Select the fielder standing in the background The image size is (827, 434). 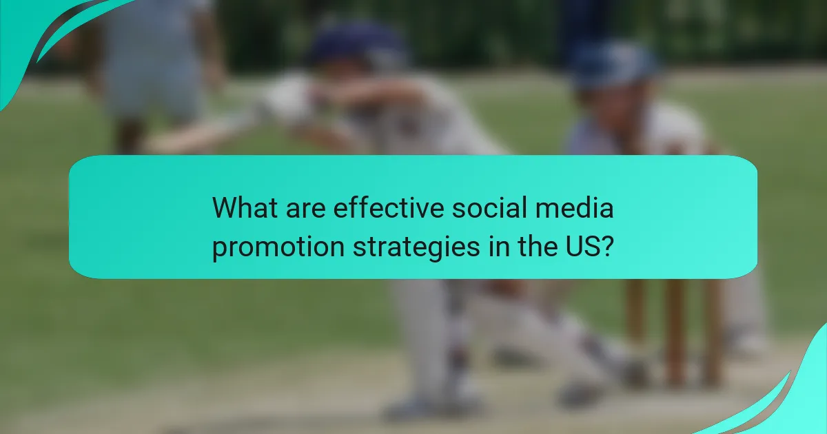pos(151,69)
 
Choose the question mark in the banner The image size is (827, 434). pos(607,247)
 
